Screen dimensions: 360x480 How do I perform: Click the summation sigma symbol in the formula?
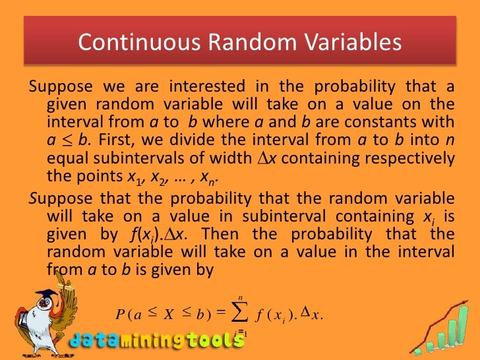click(x=240, y=313)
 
